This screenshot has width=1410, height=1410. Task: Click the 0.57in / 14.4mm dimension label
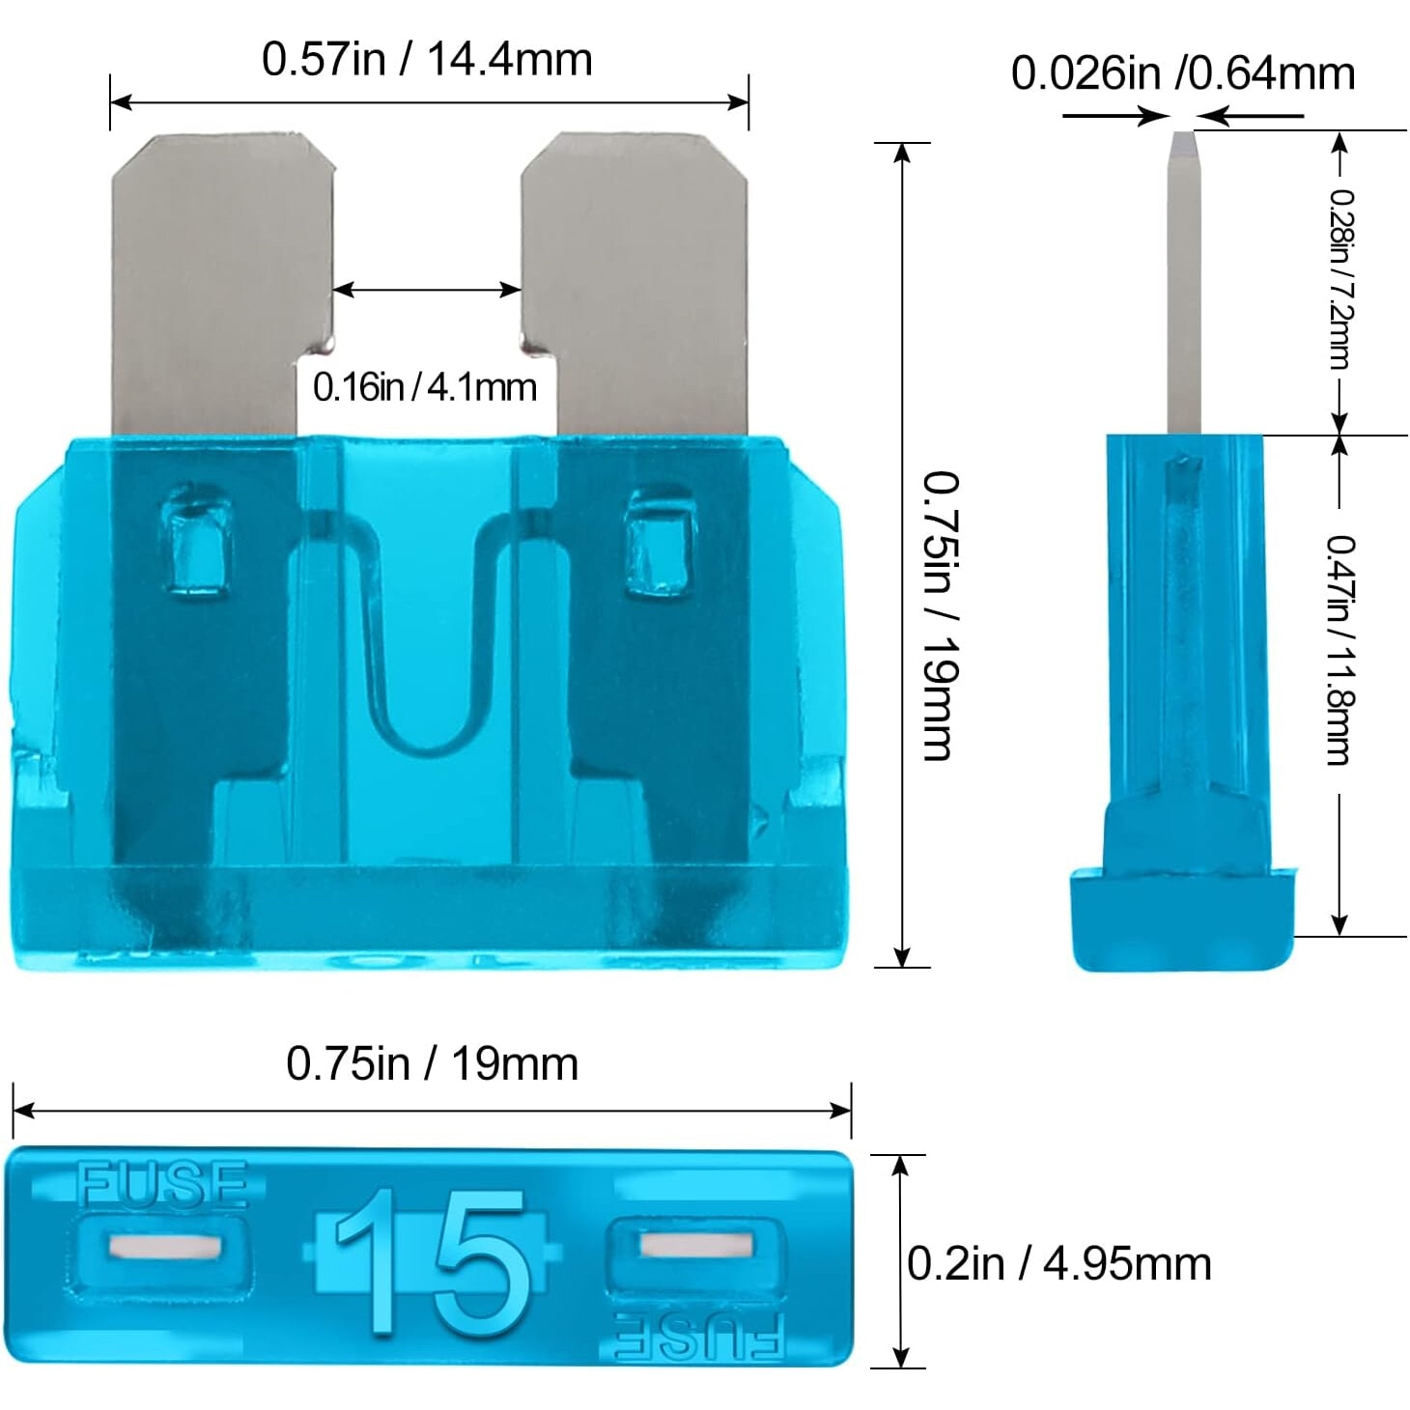(427, 60)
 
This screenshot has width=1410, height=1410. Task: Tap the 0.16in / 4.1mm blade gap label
(424, 387)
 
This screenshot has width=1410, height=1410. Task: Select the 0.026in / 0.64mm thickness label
(1182, 74)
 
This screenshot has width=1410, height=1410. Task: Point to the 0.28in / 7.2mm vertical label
(1340, 279)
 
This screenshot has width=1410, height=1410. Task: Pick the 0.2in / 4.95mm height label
(1058, 1264)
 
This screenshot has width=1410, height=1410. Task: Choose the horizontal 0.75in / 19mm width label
(432, 1064)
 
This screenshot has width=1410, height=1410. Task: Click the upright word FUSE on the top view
(162, 1185)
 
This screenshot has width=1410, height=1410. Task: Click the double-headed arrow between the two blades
(427, 289)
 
